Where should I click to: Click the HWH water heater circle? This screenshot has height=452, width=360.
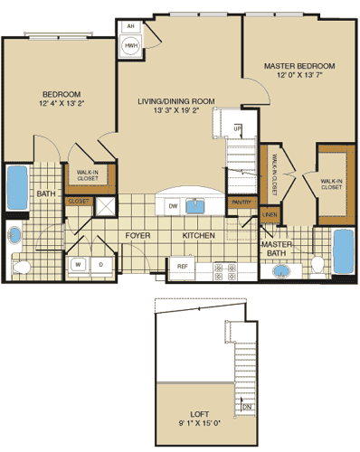click(x=131, y=45)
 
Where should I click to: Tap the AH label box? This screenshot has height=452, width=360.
click(x=131, y=27)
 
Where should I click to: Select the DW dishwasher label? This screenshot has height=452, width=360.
click(x=173, y=206)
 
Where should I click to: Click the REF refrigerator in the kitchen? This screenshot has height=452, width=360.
click(x=182, y=267)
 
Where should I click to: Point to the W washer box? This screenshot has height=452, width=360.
click(x=80, y=264)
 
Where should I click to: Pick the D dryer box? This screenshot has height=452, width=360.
click(x=100, y=264)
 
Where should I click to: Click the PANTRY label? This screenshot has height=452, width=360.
click(x=240, y=202)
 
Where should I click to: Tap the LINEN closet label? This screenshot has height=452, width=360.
click(x=270, y=214)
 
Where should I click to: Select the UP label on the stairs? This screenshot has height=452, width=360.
click(x=238, y=128)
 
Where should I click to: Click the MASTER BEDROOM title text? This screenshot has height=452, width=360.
click(x=299, y=66)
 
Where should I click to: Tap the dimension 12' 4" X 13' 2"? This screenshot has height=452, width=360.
click(x=62, y=105)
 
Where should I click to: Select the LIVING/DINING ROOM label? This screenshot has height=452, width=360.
click(x=174, y=102)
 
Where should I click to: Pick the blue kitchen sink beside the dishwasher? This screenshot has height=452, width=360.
click(x=196, y=205)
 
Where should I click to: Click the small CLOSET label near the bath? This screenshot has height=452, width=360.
click(x=78, y=202)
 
